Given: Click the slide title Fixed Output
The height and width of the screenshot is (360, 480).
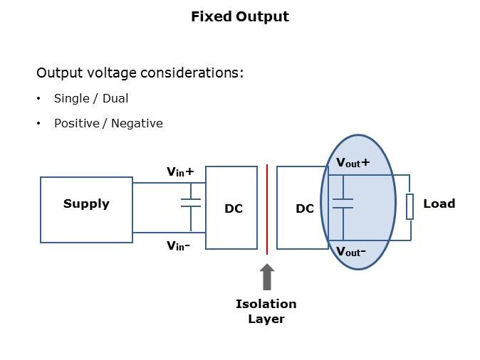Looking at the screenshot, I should click(239, 16).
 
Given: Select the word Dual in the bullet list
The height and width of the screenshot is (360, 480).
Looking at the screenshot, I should click(115, 98).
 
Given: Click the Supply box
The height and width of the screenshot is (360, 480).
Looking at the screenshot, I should click(86, 210).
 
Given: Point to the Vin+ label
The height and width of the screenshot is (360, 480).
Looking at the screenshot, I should click(180, 171).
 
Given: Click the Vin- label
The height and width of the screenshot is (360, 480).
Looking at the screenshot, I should click(178, 245).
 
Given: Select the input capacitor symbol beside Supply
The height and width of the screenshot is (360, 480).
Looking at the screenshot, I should click(191, 203).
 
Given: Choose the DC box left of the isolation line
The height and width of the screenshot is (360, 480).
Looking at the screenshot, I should click(231, 208).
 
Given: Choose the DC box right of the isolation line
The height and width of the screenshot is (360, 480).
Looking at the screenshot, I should click(302, 208).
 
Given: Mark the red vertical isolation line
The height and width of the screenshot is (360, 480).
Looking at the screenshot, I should click(267, 208).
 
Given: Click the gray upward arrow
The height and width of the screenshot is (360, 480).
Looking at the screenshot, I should click(267, 277).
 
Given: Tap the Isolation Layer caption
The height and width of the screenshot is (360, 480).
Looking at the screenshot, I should click(266, 311).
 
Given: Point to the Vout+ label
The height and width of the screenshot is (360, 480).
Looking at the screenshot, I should click(353, 163).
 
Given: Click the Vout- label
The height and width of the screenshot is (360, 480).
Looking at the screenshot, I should click(351, 251).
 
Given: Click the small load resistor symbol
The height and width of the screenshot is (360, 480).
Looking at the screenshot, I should click(410, 206).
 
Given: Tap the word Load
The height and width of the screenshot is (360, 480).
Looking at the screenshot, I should click(439, 203).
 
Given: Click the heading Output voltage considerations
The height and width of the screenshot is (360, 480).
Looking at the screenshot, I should click(140, 73).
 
